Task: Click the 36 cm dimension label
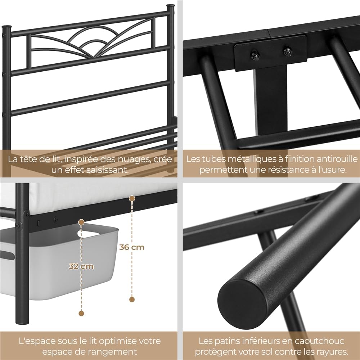[132, 247]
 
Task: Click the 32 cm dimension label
[81, 266]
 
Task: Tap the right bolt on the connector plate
[287, 51]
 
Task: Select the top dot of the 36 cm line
[132, 199]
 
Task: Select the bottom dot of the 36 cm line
[132, 299]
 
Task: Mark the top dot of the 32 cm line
[81, 222]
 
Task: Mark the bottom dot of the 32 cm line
[81, 313]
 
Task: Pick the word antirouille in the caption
[335, 159]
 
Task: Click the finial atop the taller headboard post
[170, 6]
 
